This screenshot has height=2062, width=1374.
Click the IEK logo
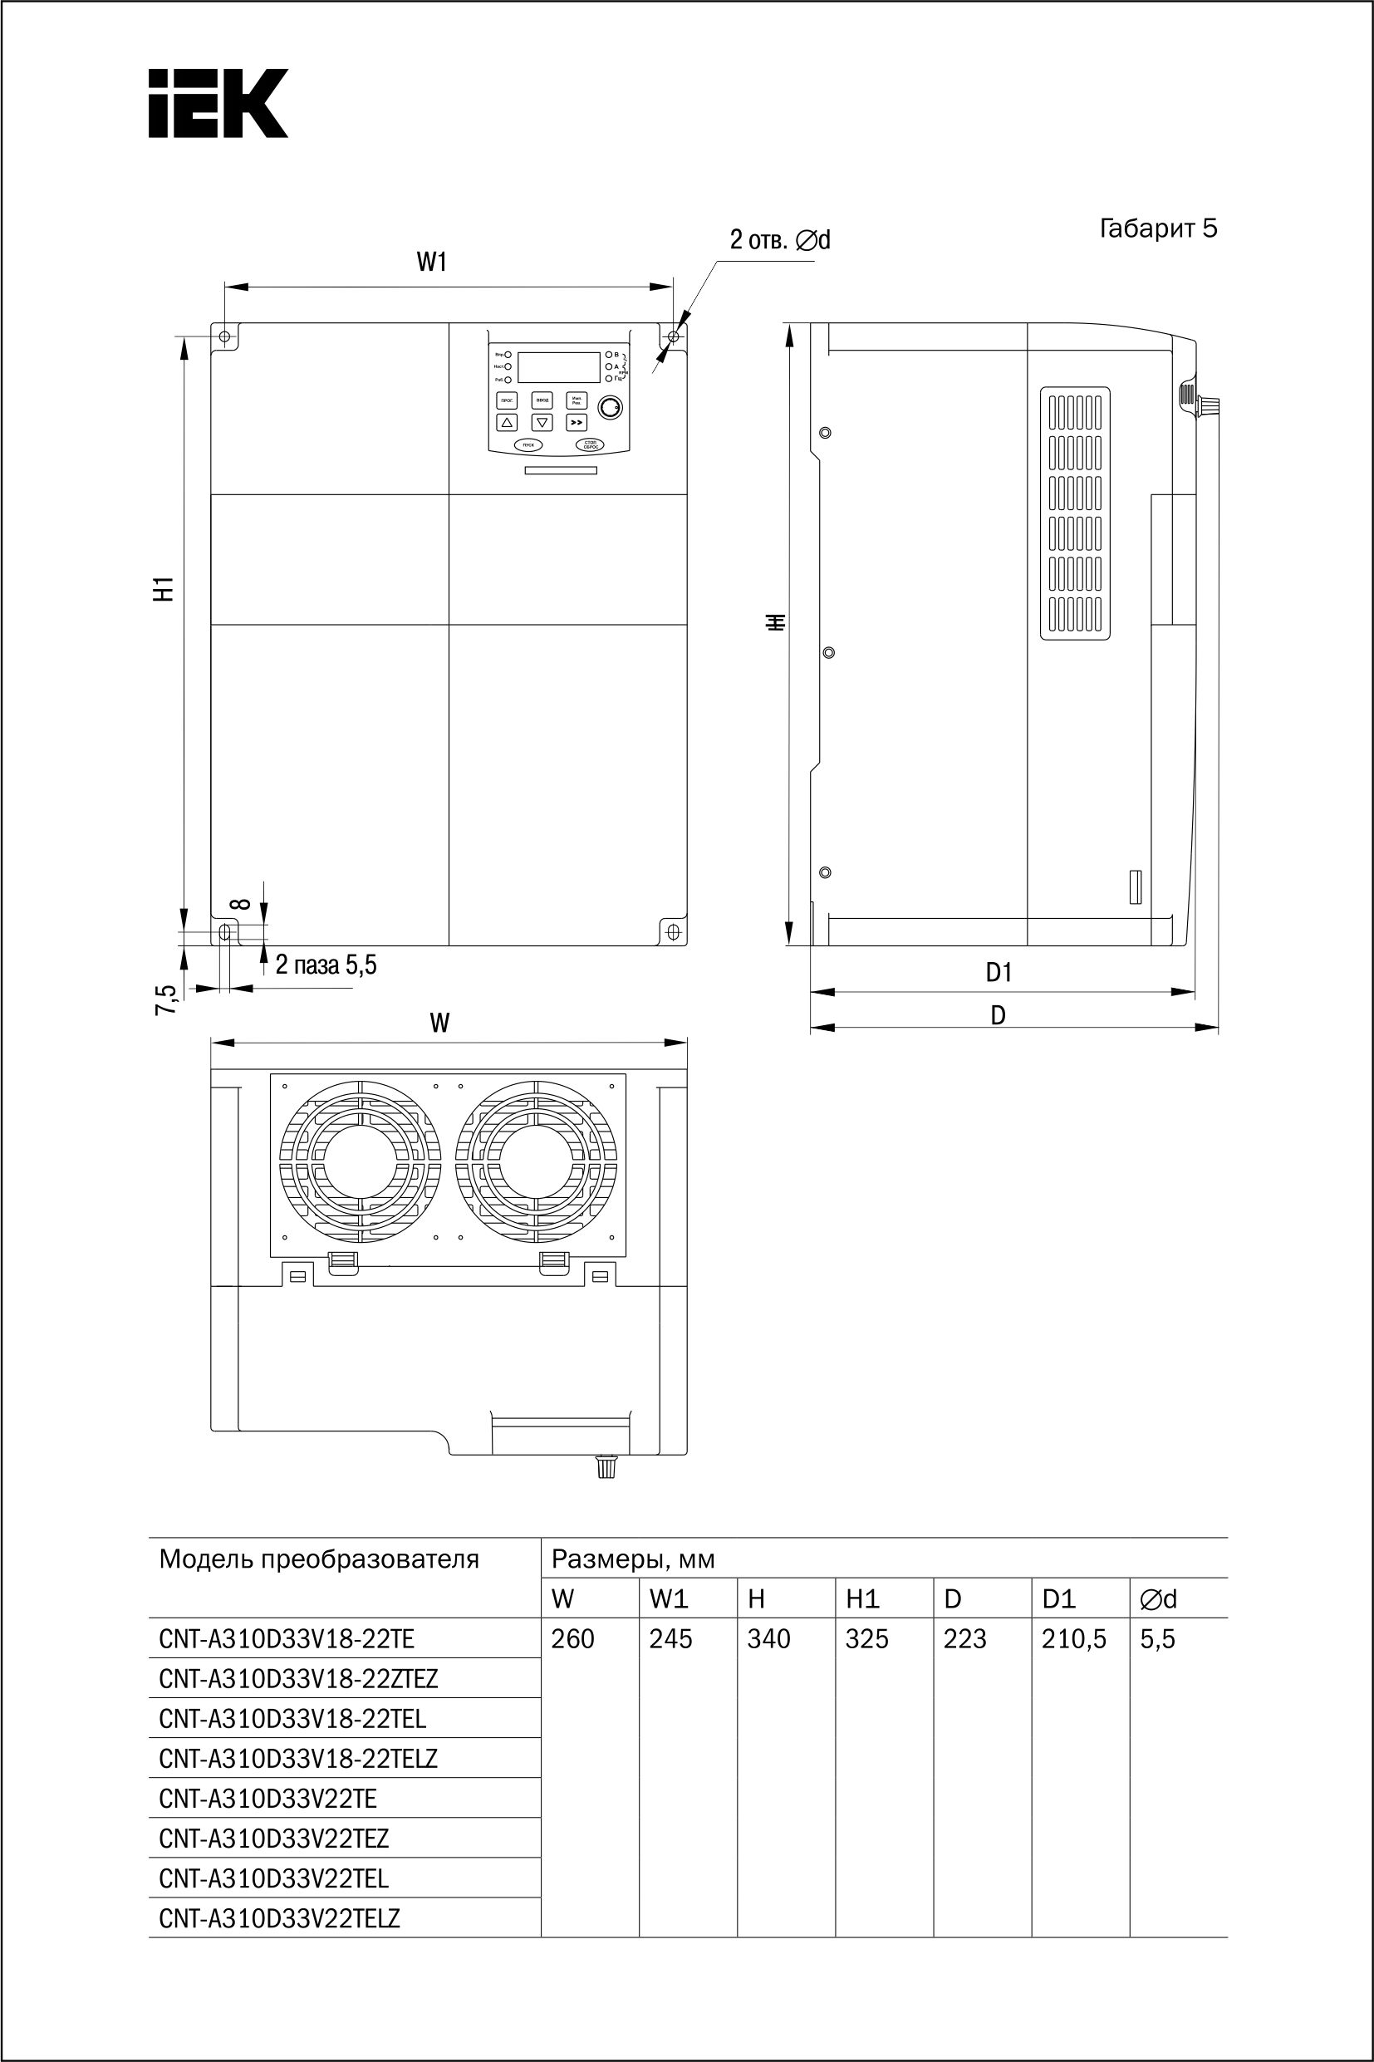(218, 103)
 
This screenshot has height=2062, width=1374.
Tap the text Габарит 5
(1157, 228)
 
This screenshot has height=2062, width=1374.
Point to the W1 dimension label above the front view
(431, 262)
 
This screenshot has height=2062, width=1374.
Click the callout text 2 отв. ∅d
(780, 239)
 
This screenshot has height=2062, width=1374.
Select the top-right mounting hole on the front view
(673, 336)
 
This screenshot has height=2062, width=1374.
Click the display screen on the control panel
(558, 366)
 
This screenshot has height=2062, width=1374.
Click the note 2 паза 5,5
(326, 965)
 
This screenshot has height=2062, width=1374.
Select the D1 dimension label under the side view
(999, 972)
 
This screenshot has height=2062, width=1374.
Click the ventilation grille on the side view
(1075, 513)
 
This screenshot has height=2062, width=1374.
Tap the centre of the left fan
(358, 1164)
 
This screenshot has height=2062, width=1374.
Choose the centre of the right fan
(537, 1164)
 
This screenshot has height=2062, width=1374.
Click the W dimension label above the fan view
(440, 1023)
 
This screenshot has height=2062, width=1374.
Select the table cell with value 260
(573, 1639)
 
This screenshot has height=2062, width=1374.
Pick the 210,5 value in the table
(1073, 1639)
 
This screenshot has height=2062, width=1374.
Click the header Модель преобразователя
(319, 1559)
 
